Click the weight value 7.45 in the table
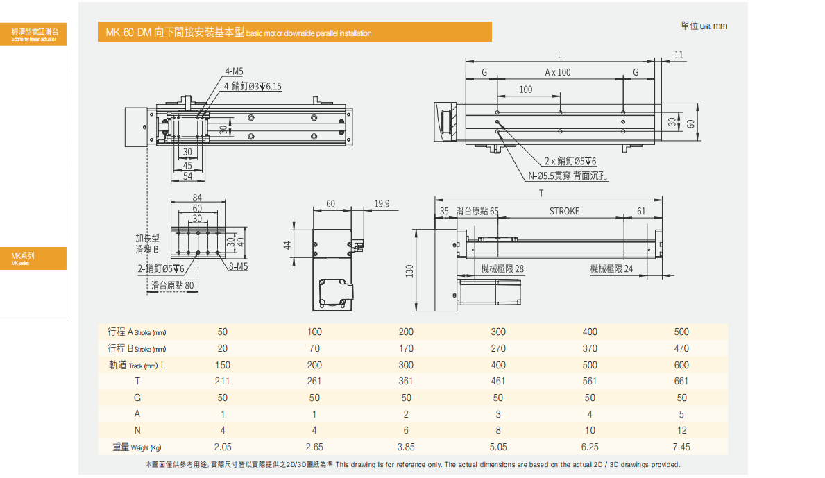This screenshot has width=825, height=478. pos(681,447)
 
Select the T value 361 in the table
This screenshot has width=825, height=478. pos(406,381)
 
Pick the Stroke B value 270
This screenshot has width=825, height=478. pos(498,348)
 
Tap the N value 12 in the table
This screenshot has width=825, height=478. pos(681,430)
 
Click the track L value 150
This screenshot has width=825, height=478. pos(222,365)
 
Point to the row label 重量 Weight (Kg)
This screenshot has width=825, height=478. pos(139,447)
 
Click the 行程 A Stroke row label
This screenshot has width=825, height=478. pos(137,332)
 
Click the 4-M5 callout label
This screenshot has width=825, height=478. pos(234,71)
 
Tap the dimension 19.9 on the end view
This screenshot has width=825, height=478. pos(382,204)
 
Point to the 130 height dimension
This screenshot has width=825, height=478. pos(410,269)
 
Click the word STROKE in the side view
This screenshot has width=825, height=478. pos(564,211)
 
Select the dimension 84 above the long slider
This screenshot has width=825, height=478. pos(197,198)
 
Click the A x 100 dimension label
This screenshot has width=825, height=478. pos(558,72)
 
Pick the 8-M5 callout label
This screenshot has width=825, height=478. pos(238,266)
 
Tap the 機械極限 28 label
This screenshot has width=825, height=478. pos(502,269)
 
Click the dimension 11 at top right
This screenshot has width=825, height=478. pos(679,55)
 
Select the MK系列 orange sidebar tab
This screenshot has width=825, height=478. pos(33,258)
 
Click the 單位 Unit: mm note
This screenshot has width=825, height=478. pos(704,26)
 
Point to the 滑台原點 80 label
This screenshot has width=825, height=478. pos(172,285)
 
